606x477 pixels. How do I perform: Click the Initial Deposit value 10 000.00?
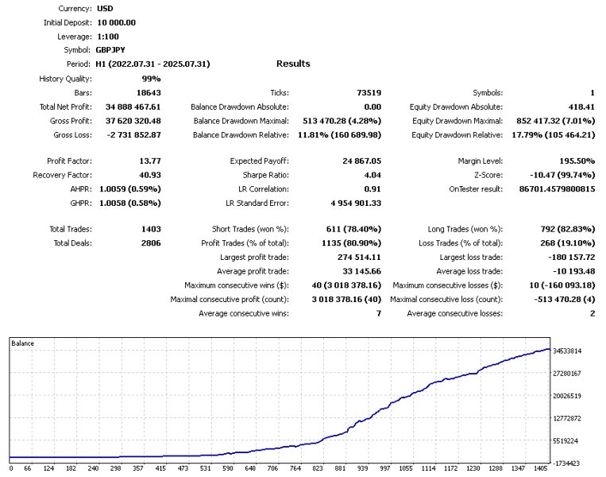pos(115,22)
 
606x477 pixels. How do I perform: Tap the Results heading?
pos(293,64)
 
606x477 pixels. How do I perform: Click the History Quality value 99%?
pos(151,79)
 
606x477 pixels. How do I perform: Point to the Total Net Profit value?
pos(133,107)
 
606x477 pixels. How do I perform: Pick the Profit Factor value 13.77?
pos(149,161)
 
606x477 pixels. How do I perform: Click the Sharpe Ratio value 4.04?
pos(371,175)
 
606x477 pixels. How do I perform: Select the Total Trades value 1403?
pos(149,229)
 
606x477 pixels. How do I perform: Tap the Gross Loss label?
pos(71,134)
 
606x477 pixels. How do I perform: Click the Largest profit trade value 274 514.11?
pos(354,257)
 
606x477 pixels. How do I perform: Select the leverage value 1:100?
pos(110,36)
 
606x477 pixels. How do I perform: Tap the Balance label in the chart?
pos(22,343)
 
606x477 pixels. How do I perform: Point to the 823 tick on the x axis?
pos(318,469)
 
